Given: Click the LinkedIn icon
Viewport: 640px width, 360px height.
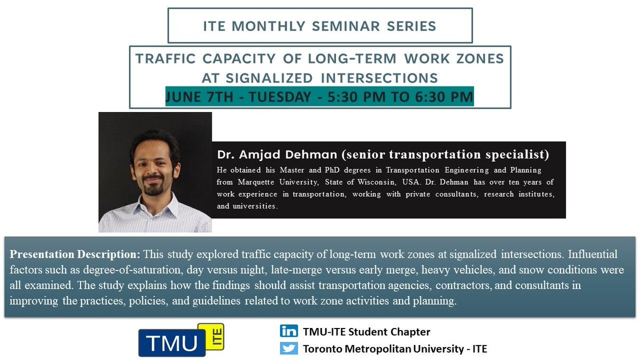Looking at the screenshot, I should pos(289,331).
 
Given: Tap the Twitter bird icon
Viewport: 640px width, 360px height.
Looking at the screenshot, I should pos(289,349).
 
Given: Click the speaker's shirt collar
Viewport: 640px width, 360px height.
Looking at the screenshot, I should pos(155,205).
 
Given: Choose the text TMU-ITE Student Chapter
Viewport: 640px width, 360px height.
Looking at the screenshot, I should pos(366,332).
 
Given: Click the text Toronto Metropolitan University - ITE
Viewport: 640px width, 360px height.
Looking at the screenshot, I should pos(395,349).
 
